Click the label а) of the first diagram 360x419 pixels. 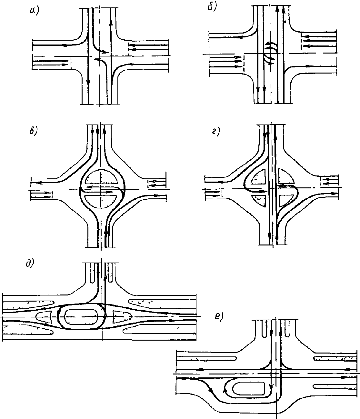34,11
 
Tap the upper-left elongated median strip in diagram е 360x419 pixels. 206,358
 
